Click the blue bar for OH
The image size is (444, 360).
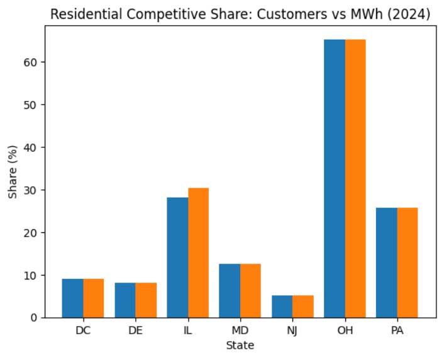click(335, 179)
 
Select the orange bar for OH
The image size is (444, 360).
click(355, 179)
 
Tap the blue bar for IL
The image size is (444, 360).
click(177, 257)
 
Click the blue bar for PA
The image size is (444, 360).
click(387, 262)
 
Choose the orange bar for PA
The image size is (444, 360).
click(408, 262)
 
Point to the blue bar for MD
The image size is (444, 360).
click(230, 291)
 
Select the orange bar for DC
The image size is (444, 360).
click(94, 298)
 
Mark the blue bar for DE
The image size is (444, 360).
click(125, 300)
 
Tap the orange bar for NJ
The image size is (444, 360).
click(303, 307)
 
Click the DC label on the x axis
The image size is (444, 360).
click(83, 330)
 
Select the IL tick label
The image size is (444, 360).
click(188, 330)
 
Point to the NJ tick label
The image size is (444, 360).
click(292, 330)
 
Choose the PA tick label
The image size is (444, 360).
click(397, 330)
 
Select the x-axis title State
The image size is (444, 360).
click(240, 346)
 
